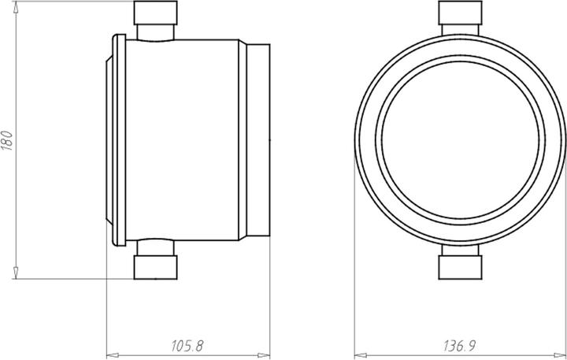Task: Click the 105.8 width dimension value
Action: coord(187,345)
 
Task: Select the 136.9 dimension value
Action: coord(460,345)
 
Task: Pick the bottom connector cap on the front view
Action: coord(459,266)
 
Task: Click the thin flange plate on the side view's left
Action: coord(117,139)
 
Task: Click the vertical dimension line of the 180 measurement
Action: coord(17,197)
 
